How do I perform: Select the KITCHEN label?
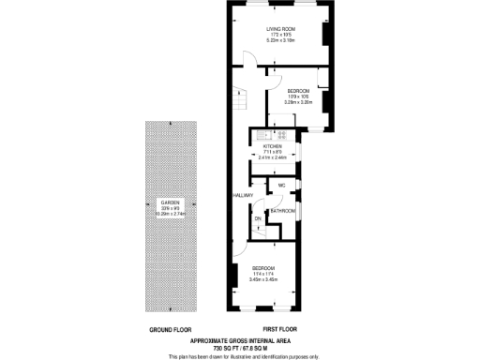pos(273,147)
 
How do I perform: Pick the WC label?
pos(281,187)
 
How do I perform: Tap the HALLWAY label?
pos(244,195)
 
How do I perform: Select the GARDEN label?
pos(169,202)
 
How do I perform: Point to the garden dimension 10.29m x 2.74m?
pos(169,214)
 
